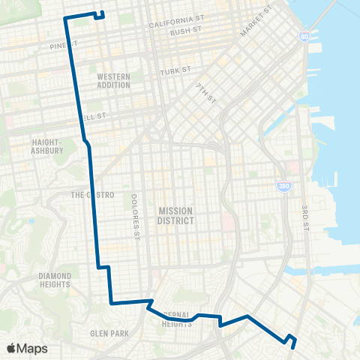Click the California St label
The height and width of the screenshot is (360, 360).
tap(176, 25)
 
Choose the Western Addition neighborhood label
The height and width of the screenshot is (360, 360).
tap(114, 80)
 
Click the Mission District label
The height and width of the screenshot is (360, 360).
tap(176, 216)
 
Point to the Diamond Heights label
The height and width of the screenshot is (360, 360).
tap(55, 280)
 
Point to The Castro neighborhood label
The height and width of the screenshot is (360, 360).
tap(92, 195)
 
